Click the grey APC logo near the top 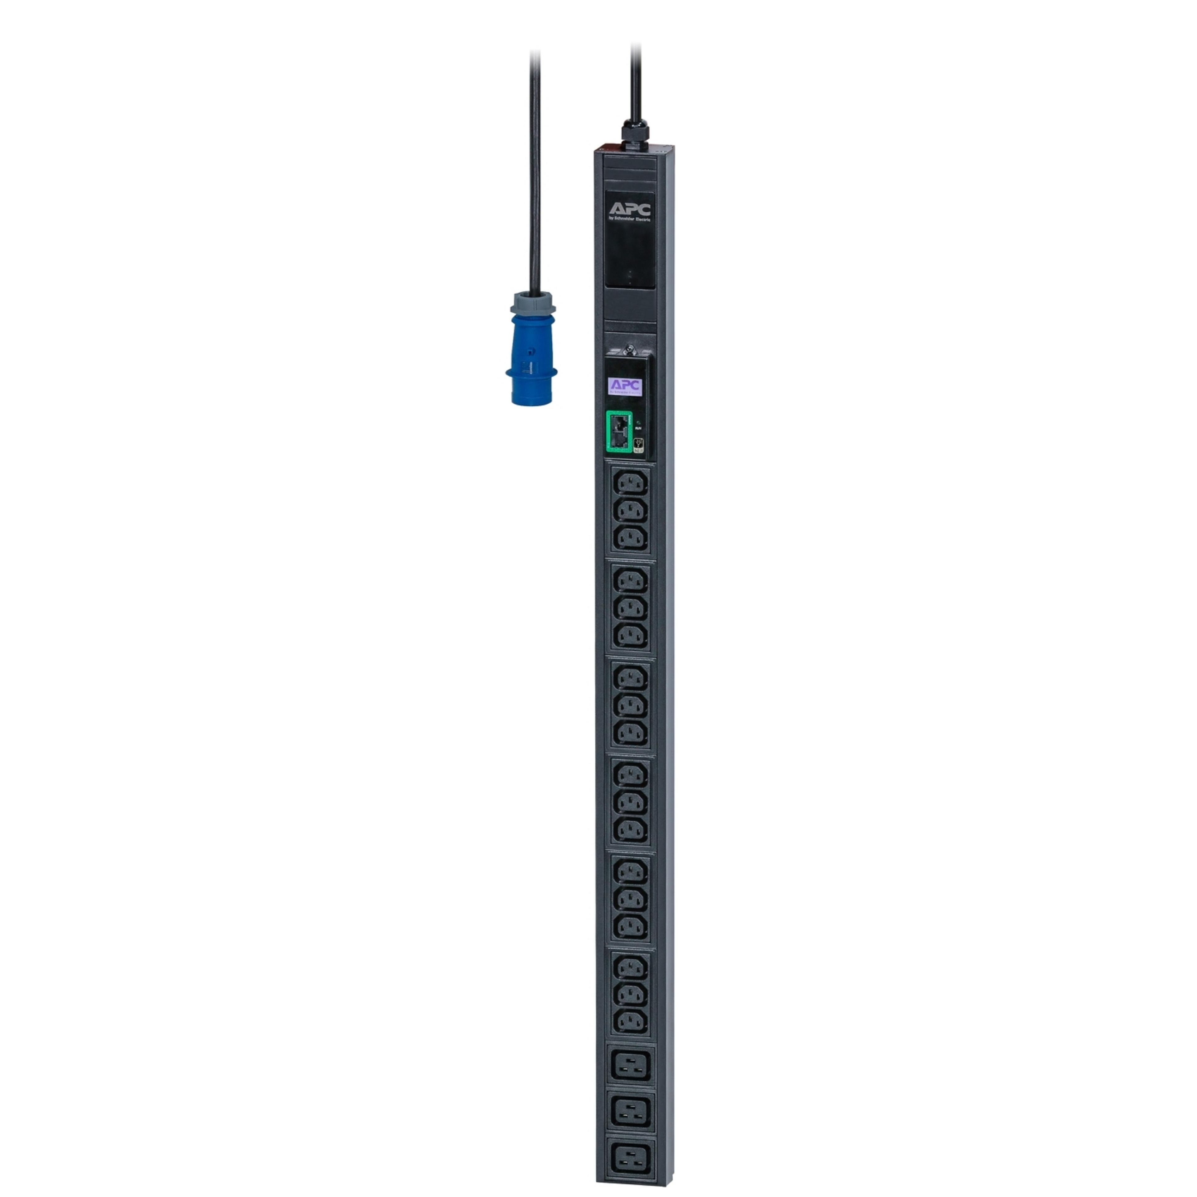point(629,208)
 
